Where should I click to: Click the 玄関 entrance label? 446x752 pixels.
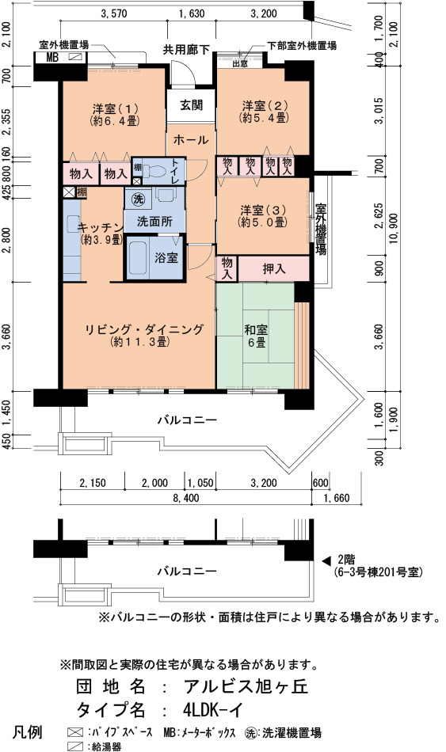(x=191, y=105)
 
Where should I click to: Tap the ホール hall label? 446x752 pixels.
(x=191, y=139)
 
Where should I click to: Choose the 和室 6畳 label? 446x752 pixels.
(x=255, y=336)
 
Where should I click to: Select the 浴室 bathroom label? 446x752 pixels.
(x=166, y=257)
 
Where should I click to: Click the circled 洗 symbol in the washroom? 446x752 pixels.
(x=139, y=199)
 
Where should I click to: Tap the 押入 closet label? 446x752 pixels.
(x=274, y=269)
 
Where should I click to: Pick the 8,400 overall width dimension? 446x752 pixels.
(x=186, y=498)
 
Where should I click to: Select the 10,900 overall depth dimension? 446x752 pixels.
(x=395, y=227)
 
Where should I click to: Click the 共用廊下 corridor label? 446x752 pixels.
(x=187, y=49)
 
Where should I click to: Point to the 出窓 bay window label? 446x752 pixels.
(x=239, y=63)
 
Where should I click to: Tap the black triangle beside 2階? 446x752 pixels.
(x=326, y=560)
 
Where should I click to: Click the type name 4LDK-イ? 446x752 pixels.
(x=213, y=709)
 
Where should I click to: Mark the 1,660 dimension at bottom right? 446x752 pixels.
(x=337, y=498)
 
